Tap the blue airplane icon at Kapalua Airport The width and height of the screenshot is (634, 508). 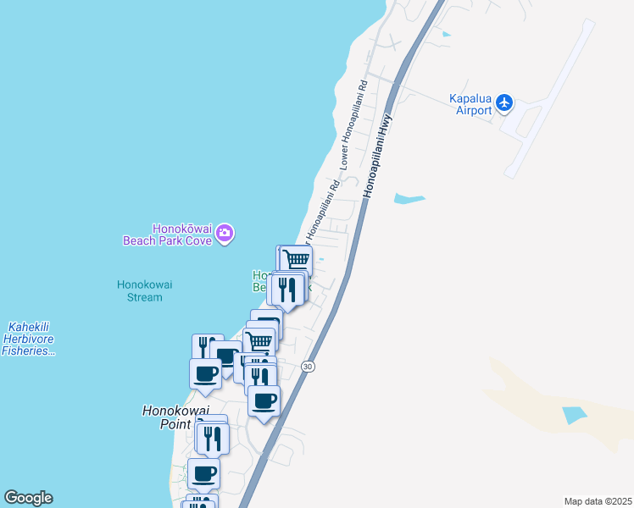505,102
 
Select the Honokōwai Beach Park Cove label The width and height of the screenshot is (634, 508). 182,234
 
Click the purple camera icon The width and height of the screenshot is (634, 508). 225,233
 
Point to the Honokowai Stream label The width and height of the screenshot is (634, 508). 144,290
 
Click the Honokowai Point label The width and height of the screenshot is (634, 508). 175,417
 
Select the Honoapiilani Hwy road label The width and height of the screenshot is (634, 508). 378,156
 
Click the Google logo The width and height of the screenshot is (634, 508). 28,498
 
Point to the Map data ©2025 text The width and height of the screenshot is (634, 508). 598,501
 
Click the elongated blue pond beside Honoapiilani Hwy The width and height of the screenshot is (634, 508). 409,200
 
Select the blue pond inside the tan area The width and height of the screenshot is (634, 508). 574,415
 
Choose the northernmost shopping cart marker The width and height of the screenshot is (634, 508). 296,259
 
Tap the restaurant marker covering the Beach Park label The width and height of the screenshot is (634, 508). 287,289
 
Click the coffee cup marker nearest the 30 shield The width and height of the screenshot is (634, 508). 264,400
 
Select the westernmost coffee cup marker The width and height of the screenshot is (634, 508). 205,373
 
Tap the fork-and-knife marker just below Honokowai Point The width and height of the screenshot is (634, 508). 212,437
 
